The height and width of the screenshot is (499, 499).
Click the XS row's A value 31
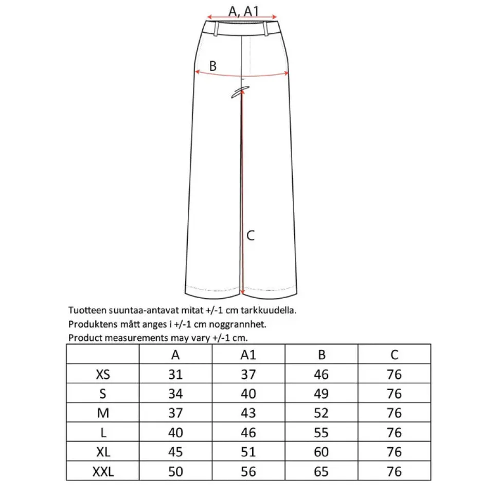(x=175, y=374)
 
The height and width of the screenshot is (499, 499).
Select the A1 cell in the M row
(x=248, y=413)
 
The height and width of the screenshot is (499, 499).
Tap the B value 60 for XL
(x=321, y=452)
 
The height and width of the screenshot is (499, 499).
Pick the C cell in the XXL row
(x=394, y=471)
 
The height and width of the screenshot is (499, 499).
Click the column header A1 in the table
(x=248, y=355)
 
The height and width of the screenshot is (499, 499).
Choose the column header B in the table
(x=321, y=355)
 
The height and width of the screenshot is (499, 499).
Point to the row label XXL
(x=103, y=471)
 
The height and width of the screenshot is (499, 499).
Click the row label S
(x=103, y=394)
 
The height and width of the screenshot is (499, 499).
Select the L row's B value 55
(x=321, y=433)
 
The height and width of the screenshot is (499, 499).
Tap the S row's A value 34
(x=175, y=394)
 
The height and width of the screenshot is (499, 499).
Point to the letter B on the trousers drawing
(x=213, y=66)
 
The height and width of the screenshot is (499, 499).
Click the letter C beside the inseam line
(x=251, y=236)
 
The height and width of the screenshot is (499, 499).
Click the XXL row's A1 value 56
(x=248, y=471)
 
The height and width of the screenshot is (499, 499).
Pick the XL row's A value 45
(x=175, y=452)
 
